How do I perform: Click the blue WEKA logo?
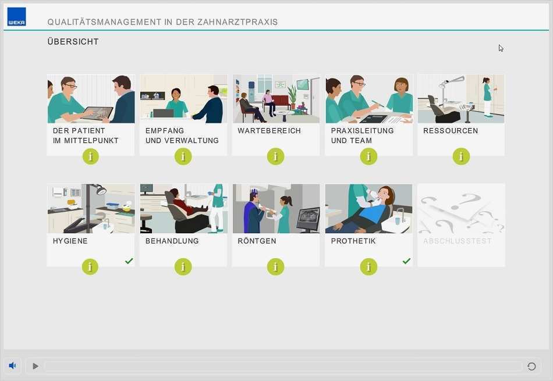point(16,16)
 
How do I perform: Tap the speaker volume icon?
point(12,365)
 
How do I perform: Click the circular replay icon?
point(531,366)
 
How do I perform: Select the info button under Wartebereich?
point(275,156)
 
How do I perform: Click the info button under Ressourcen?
point(461,156)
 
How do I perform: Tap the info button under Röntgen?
point(275,267)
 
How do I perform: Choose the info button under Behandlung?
point(183,267)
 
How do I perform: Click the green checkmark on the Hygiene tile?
point(129,261)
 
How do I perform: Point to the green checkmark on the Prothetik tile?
point(407,261)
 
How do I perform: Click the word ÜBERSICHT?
point(73,41)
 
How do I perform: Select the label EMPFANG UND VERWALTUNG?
point(182,136)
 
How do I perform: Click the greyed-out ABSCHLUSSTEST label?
point(458,241)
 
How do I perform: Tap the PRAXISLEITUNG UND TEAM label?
point(362,136)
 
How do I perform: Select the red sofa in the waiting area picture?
point(280,102)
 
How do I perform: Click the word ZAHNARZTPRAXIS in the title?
point(237,22)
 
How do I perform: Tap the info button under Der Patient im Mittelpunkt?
point(91,156)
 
